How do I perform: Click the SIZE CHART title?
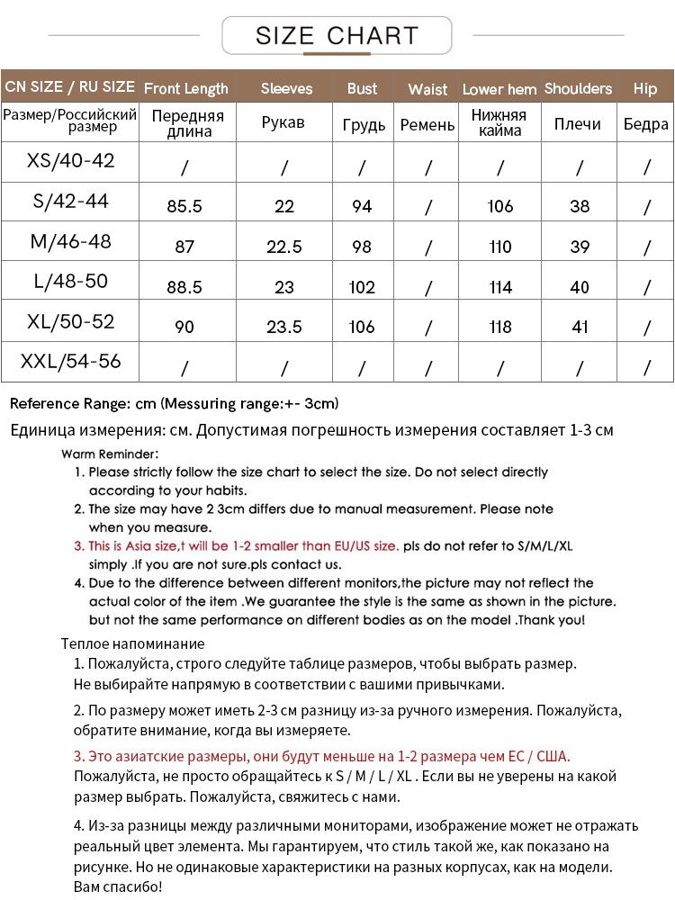click(337, 36)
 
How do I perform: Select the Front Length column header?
click(186, 88)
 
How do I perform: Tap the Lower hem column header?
click(499, 89)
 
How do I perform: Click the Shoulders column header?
click(578, 88)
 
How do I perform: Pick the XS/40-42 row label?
click(71, 161)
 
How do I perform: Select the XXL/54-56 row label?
click(71, 362)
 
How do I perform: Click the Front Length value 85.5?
click(184, 206)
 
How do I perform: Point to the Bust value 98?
click(362, 247)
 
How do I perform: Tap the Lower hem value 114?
click(500, 287)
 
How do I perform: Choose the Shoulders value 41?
click(580, 327)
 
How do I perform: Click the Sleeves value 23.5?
click(284, 327)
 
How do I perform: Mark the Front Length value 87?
click(184, 247)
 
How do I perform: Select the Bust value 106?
click(362, 327)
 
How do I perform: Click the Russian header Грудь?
click(364, 125)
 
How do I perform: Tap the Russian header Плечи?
click(578, 124)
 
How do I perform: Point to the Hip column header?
click(645, 88)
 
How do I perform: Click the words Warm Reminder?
click(111, 454)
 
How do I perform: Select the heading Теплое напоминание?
click(133, 643)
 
